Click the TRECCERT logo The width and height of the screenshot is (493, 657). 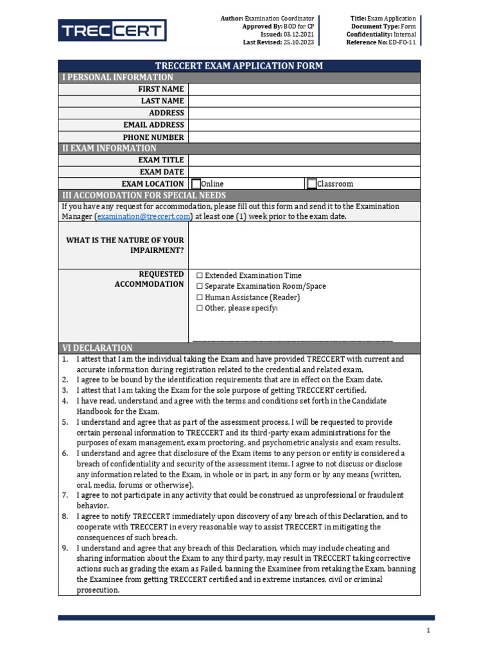click(x=112, y=30)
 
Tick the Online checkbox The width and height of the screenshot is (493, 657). click(x=196, y=184)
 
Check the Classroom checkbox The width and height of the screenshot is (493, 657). click(x=312, y=184)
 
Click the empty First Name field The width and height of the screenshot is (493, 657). click(x=304, y=89)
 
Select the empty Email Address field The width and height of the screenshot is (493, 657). click(x=304, y=125)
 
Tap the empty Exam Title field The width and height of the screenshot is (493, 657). click(x=304, y=160)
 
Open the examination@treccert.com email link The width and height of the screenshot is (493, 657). click(x=144, y=217)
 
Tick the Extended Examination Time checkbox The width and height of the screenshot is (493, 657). click(x=200, y=275)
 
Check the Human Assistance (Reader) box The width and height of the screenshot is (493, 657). click(x=200, y=298)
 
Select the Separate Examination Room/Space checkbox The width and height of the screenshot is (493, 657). click(x=200, y=286)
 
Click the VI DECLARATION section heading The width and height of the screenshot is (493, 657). click(x=97, y=348)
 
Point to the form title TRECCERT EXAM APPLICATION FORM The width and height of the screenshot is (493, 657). click(x=239, y=66)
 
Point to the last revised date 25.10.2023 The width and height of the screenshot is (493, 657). click(x=298, y=42)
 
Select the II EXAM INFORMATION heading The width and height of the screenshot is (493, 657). click(x=109, y=148)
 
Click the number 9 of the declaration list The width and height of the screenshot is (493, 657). click(x=65, y=549)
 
